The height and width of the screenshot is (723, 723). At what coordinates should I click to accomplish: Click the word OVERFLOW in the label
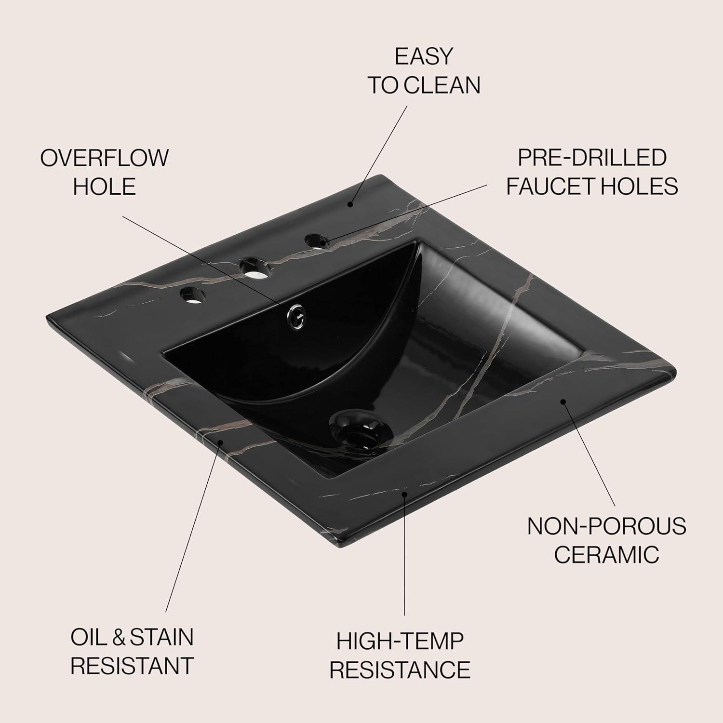click(x=105, y=158)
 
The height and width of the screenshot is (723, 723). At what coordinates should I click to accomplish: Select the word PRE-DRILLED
click(x=592, y=158)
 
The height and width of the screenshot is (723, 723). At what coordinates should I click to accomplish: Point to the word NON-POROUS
click(x=606, y=526)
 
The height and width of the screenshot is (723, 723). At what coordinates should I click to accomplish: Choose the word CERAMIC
click(x=606, y=554)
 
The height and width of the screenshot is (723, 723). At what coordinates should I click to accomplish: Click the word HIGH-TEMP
click(x=400, y=641)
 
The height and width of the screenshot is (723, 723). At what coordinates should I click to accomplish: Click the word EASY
click(x=424, y=56)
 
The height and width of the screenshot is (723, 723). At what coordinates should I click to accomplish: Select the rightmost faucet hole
click(x=317, y=240)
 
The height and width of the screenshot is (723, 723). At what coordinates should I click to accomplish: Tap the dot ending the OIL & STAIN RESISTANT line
click(x=221, y=442)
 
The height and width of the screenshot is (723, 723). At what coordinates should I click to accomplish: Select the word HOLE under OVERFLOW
click(x=105, y=187)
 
